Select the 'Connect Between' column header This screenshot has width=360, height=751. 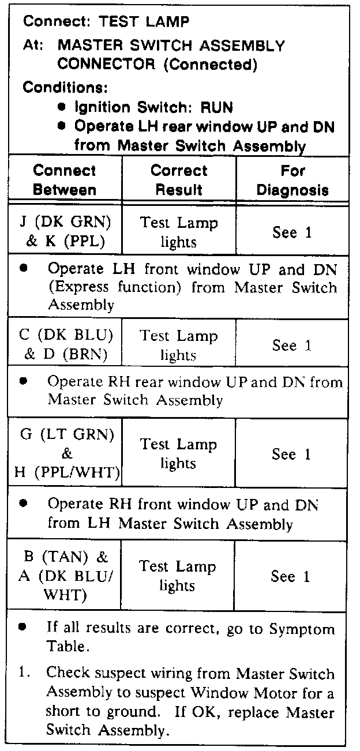click(x=65, y=180)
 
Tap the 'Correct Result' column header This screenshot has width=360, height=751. click(x=179, y=180)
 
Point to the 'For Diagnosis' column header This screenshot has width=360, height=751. click(x=292, y=180)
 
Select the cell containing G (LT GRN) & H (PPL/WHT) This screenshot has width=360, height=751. click(x=65, y=454)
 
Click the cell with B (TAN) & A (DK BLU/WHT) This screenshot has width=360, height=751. click(x=65, y=576)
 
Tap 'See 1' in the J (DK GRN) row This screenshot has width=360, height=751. click(x=292, y=232)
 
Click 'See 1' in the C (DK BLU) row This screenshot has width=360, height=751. click(x=292, y=346)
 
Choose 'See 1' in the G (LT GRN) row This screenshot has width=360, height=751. click(x=292, y=455)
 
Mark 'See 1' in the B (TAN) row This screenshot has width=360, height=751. click(x=292, y=576)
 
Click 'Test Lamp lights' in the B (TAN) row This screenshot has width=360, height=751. click(x=178, y=576)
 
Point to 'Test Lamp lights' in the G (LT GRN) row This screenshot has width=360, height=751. click(x=178, y=454)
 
